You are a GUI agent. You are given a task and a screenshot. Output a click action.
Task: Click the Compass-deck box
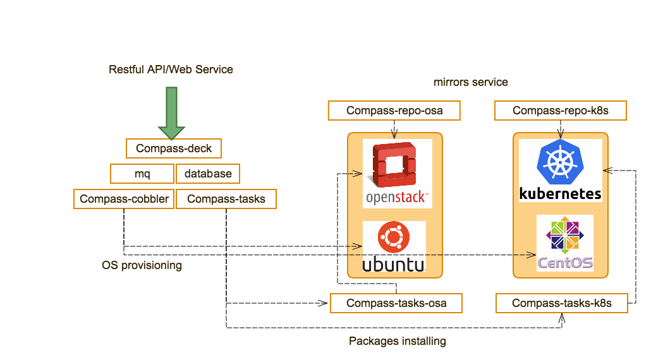click(174, 148)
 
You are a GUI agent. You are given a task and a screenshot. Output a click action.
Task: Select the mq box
click(142, 173)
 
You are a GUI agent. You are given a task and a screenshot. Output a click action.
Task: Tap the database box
click(208, 173)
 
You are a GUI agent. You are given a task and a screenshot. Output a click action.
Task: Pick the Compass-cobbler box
click(124, 199)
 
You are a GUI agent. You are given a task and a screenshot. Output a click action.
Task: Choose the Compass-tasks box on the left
click(226, 199)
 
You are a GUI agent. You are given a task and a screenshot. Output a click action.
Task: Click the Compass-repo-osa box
click(394, 111)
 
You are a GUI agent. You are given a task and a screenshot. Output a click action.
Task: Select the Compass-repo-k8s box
click(560, 111)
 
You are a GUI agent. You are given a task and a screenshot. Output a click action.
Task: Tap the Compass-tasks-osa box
click(396, 303)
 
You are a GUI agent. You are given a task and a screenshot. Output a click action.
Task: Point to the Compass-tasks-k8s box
click(562, 303)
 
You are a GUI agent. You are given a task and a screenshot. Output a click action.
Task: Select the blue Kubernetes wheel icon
click(560, 161)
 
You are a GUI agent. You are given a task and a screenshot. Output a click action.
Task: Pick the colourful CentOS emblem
click(565, 236)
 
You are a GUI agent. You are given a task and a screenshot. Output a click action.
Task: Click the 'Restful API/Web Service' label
click(171, 69)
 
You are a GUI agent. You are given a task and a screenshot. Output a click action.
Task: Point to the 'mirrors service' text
click(471, 82)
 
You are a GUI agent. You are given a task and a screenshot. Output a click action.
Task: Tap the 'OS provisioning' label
click(142, 265)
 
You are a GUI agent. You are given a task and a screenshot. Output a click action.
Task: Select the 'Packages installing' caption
click(398, 341)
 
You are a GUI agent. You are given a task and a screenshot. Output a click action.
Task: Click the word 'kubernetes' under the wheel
click(560, 193)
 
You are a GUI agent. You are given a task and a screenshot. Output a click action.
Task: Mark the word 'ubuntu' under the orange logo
click(393, 263)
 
